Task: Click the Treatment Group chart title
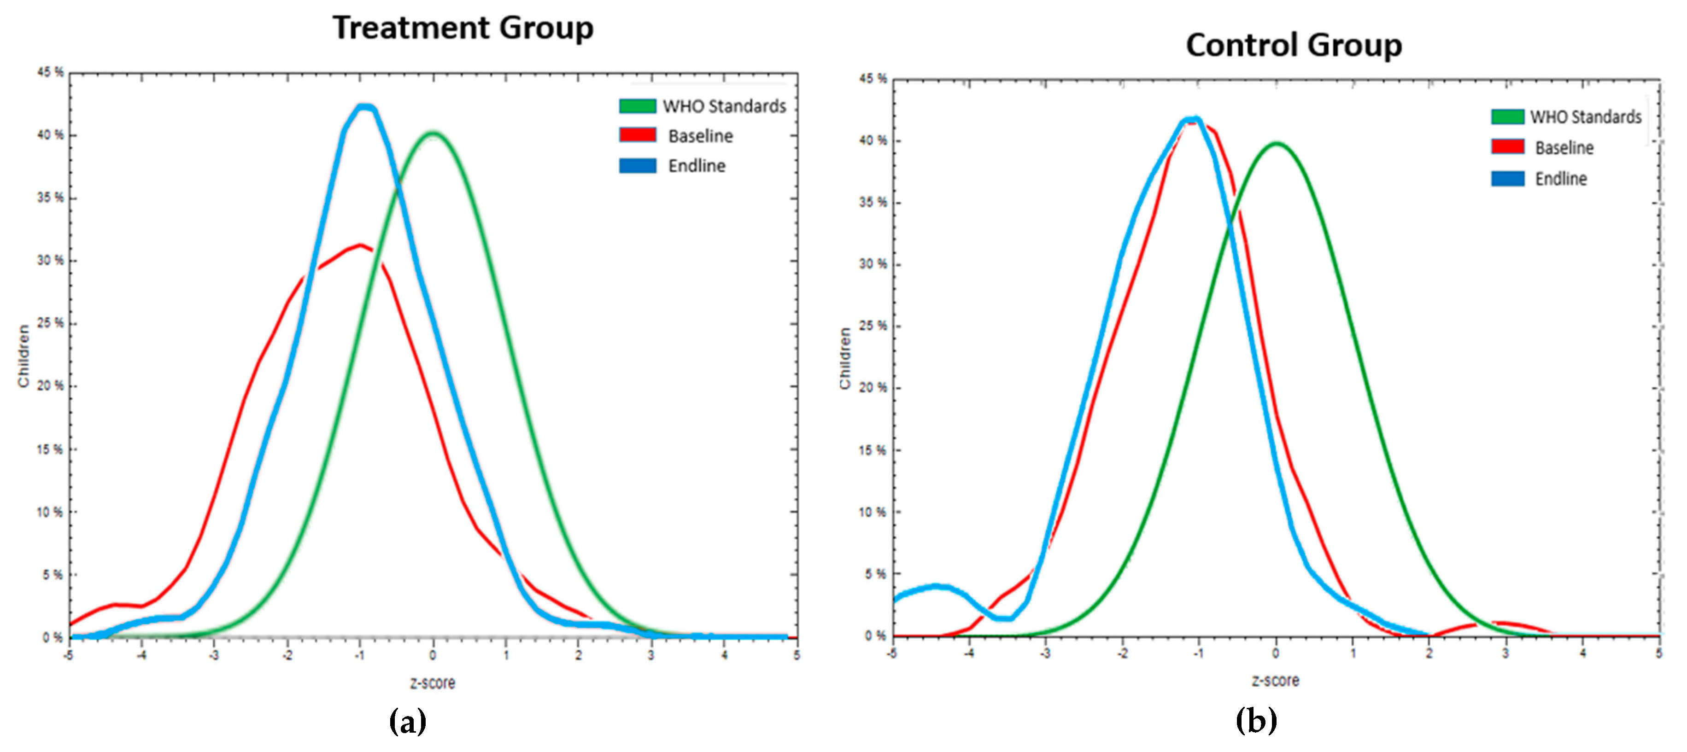(x=463, y=28)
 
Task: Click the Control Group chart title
(x=1294, y=46)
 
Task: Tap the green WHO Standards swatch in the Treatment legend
(x=637, y=106)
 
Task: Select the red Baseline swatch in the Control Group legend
(x=1507, y=146)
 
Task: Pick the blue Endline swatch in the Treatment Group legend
(x=637, y=166)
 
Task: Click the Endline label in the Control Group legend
(x=1561, y=179)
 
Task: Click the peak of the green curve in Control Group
(x=1277, y=143)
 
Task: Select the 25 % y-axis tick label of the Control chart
(x=873, y=326)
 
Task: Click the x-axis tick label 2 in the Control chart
(x=1429, y=653)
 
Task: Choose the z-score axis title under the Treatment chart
(x=432, y=682)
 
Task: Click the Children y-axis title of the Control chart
(x=845, y=359)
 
